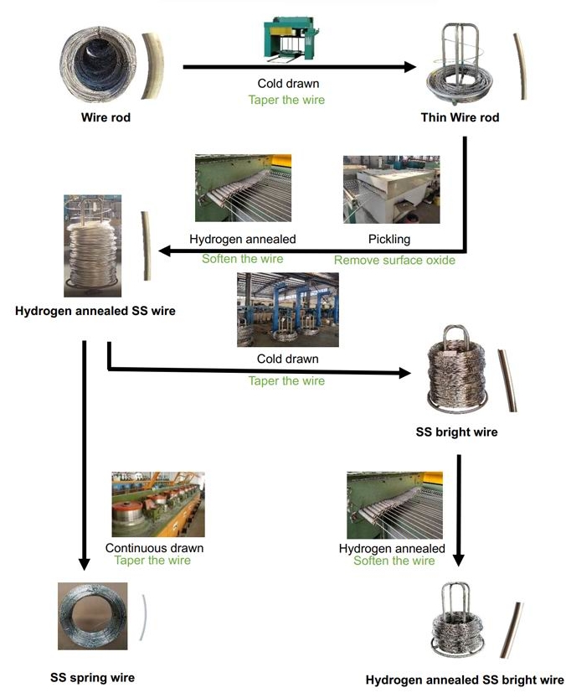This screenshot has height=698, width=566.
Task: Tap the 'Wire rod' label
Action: [105, 117]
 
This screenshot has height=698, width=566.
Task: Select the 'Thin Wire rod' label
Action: [460, 117]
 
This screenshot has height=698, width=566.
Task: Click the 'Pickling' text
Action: [389, 240]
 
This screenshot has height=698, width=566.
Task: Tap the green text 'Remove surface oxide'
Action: [394, 260]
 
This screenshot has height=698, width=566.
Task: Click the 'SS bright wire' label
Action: [456, 433]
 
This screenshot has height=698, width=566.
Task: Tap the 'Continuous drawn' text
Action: [154, 548]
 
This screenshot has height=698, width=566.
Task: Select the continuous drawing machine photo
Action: [158, 504]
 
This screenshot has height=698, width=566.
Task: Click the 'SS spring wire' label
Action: [92, 677]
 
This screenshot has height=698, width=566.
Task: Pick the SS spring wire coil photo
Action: [93, 616]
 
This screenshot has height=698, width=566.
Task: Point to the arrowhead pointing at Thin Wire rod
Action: [410, 66]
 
